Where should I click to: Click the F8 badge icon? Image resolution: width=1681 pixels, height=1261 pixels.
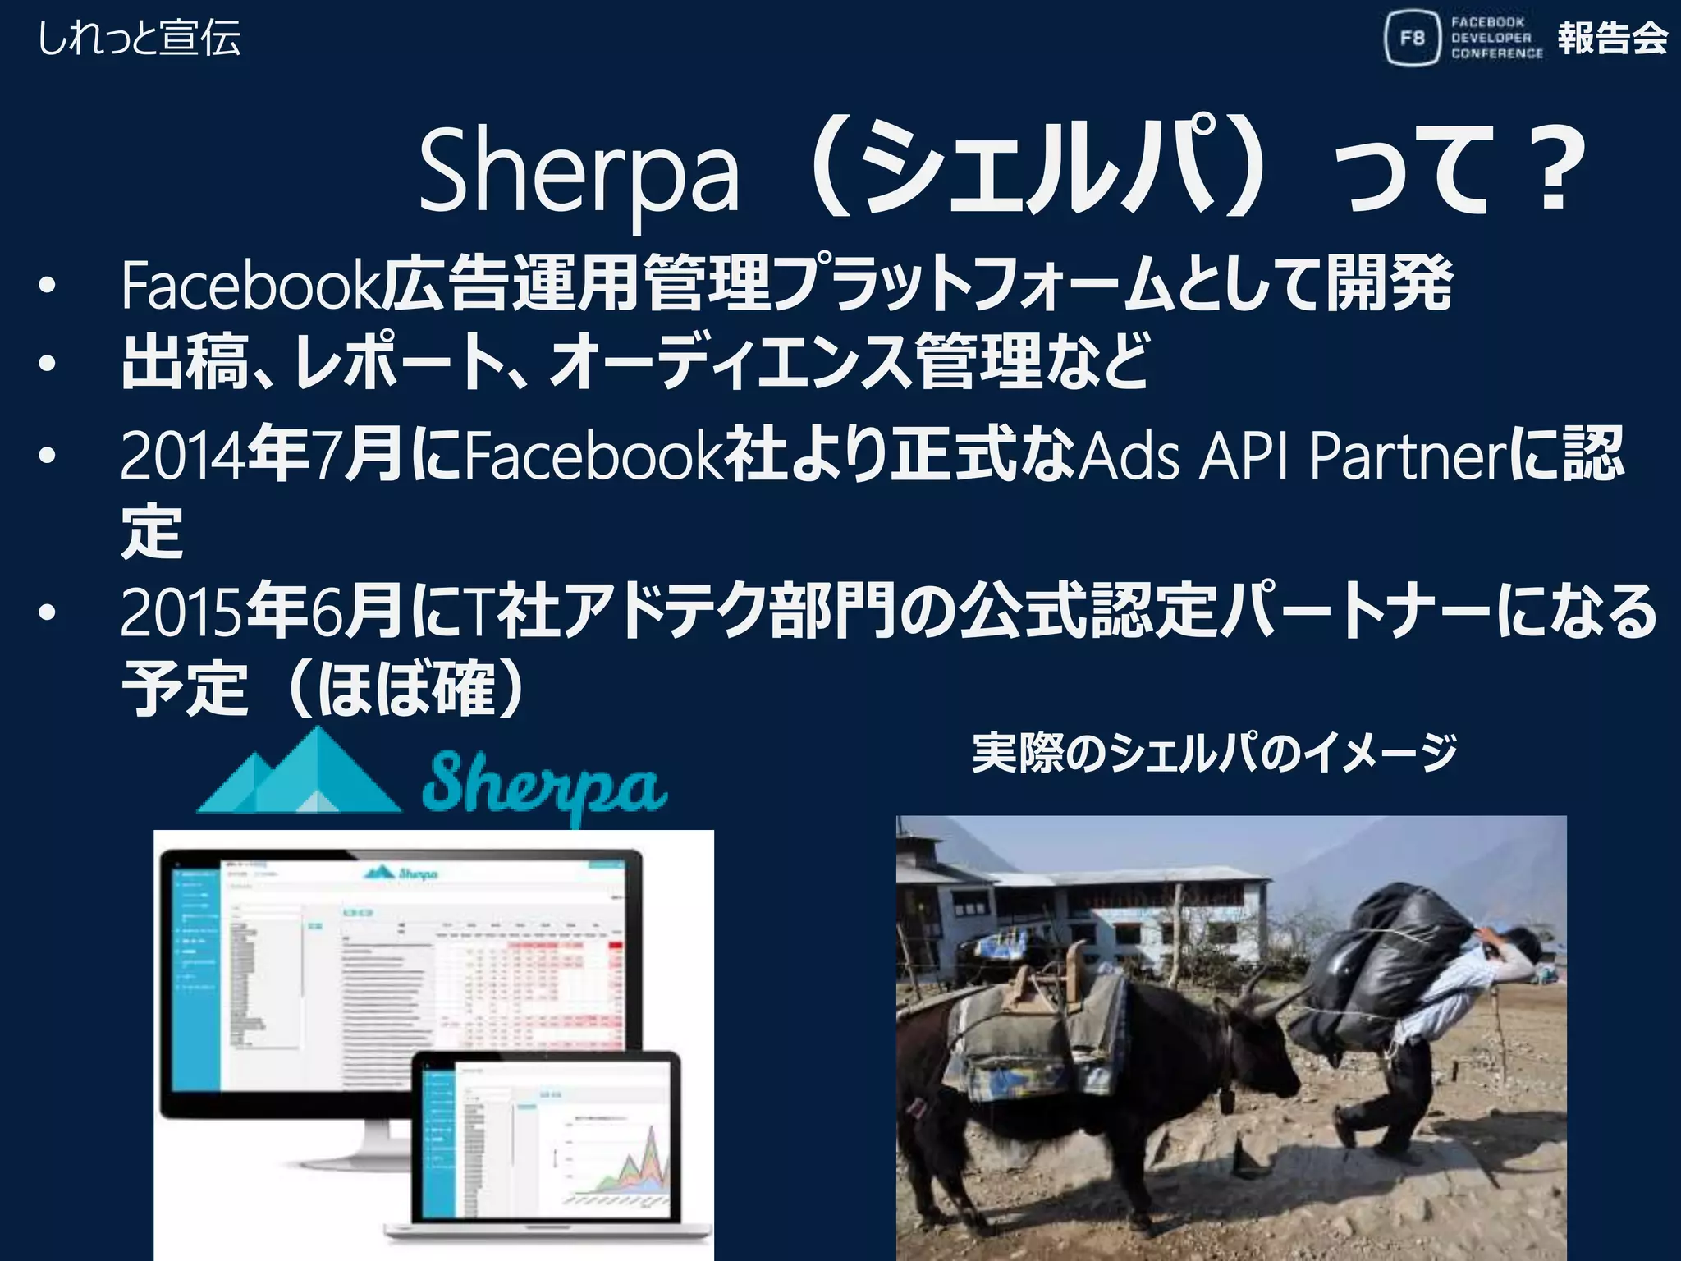point(1412,38)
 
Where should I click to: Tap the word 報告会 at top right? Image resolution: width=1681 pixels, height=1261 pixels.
point(1612,38)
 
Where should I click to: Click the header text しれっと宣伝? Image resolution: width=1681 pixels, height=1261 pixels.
point(140,38)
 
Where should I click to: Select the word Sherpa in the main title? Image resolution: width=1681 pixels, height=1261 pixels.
point(579,172)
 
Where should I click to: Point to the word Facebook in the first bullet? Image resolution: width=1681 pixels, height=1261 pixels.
point(250,285)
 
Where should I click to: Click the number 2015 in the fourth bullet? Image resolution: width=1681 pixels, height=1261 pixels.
point(182,612)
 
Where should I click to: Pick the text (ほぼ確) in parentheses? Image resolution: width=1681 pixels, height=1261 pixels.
point(406,688)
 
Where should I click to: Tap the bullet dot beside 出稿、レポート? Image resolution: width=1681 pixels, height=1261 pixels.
point(48,364)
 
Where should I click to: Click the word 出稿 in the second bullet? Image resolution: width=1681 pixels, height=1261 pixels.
point(185,362)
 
